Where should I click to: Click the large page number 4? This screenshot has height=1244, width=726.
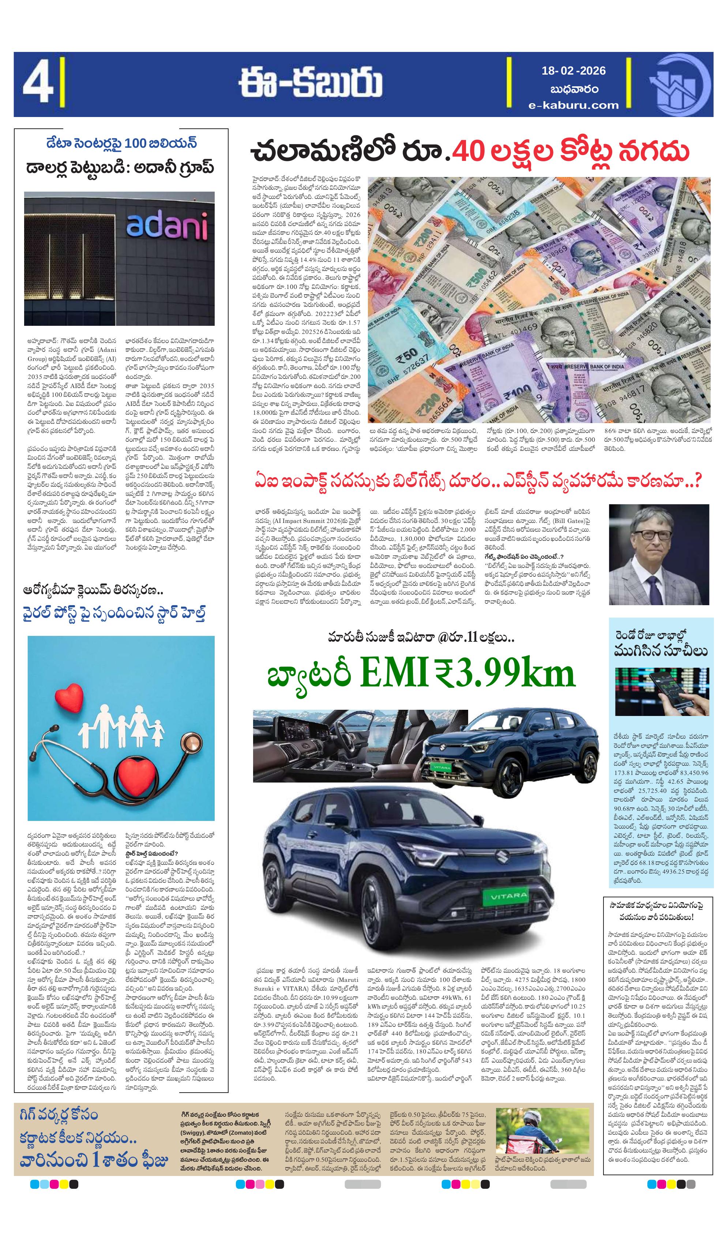[x=37, y=84]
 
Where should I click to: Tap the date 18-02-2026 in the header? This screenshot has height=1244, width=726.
[x=573, y=71]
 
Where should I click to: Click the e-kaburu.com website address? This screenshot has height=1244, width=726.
[x=573, y=105]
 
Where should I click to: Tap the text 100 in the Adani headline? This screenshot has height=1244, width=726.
[x=135, y=143]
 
